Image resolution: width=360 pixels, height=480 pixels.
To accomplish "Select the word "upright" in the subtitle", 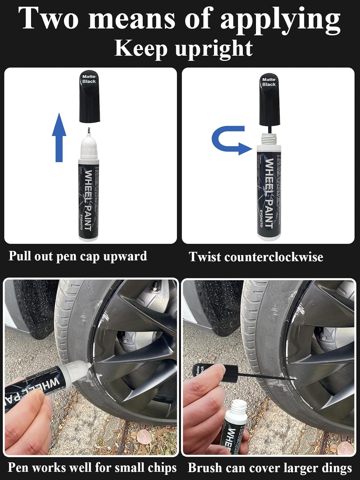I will point(214,49).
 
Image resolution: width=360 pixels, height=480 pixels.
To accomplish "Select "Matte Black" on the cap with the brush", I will point(269,82).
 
